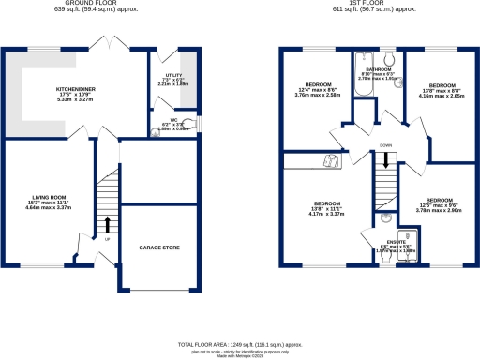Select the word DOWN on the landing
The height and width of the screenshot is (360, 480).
[x=386, y=146]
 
